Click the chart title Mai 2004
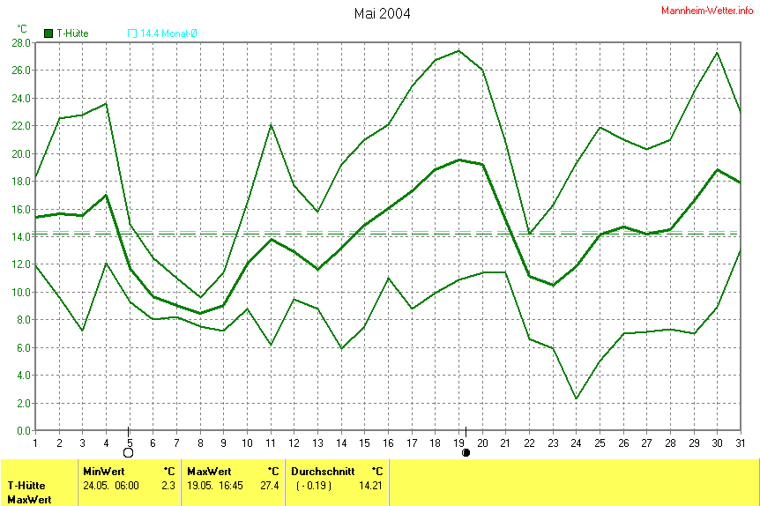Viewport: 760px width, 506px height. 382,13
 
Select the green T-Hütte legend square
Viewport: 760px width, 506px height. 48,33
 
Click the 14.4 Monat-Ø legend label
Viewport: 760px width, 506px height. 168,33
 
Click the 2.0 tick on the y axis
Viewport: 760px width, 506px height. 21,403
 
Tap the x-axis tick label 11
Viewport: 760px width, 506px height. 270,442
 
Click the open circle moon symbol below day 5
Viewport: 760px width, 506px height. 129,452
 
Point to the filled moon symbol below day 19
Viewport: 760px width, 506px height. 466,453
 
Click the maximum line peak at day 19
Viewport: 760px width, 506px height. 458,50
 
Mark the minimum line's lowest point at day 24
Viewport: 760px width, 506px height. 576,398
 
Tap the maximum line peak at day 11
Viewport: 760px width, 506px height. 271,124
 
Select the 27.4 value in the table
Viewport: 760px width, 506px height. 269,486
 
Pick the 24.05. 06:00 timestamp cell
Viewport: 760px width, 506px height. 112,486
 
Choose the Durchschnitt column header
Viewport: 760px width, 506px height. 323,472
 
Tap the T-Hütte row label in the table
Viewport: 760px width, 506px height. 26,486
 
